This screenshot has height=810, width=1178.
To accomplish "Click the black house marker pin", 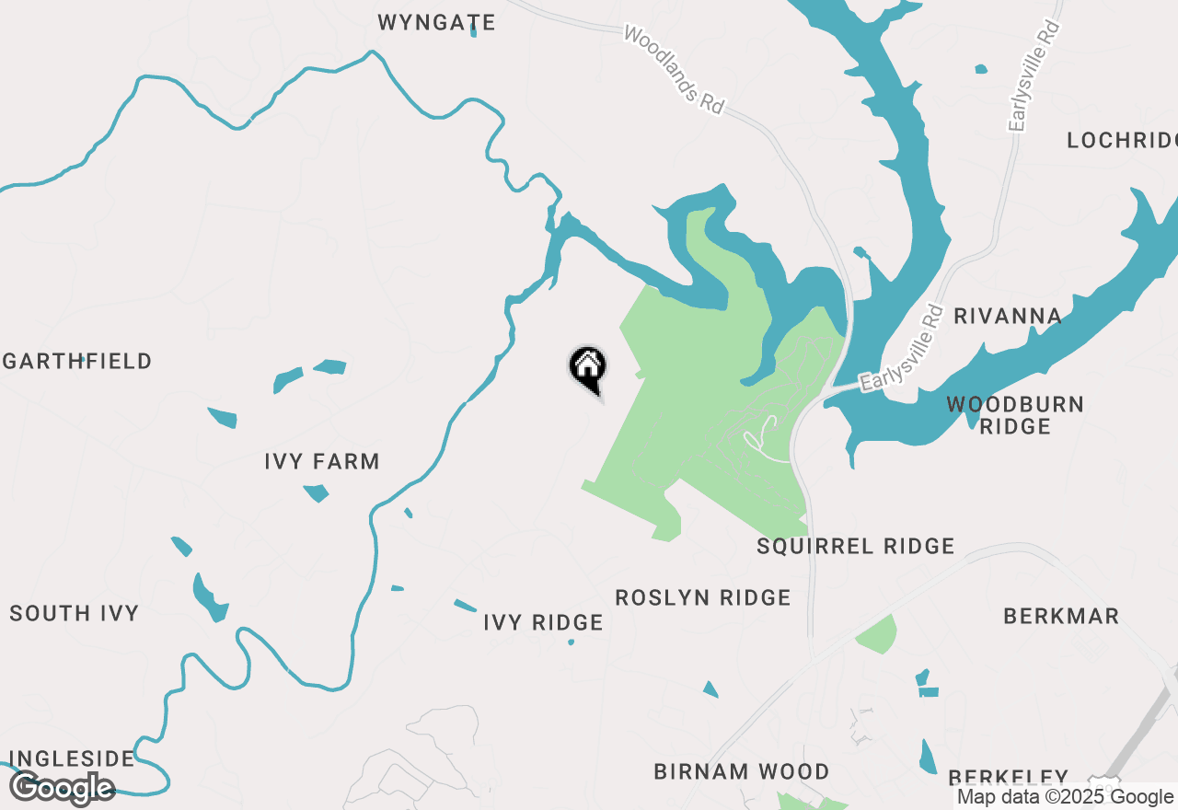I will (587, 367).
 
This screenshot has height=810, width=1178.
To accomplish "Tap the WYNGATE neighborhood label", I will (437, 23).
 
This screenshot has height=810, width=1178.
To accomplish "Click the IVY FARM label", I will (322, 461).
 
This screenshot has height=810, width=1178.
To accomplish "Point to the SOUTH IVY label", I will (75, 613).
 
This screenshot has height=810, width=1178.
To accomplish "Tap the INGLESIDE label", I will (72, 758).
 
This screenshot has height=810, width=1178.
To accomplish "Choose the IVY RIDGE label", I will (543, 623).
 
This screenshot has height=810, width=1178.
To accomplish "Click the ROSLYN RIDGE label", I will (703, 597).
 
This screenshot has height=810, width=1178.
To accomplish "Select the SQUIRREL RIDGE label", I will (856, 546).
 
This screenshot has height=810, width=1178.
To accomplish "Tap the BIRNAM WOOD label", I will (742, 771).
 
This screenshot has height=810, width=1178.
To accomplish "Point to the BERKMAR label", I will (1061, 616).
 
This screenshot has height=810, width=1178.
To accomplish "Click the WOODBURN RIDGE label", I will (1015, 415).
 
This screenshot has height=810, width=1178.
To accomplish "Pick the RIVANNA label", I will (1008, 317).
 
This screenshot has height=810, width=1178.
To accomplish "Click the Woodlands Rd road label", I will (675, 70).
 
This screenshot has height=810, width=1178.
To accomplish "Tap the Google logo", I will (63, 788).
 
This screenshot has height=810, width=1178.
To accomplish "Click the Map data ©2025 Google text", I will (1065, 797).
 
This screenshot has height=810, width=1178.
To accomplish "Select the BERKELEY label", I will (1008, 777).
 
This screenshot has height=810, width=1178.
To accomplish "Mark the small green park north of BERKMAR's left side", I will (876, 634).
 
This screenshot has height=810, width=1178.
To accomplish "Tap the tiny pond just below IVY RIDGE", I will (572, 642).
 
